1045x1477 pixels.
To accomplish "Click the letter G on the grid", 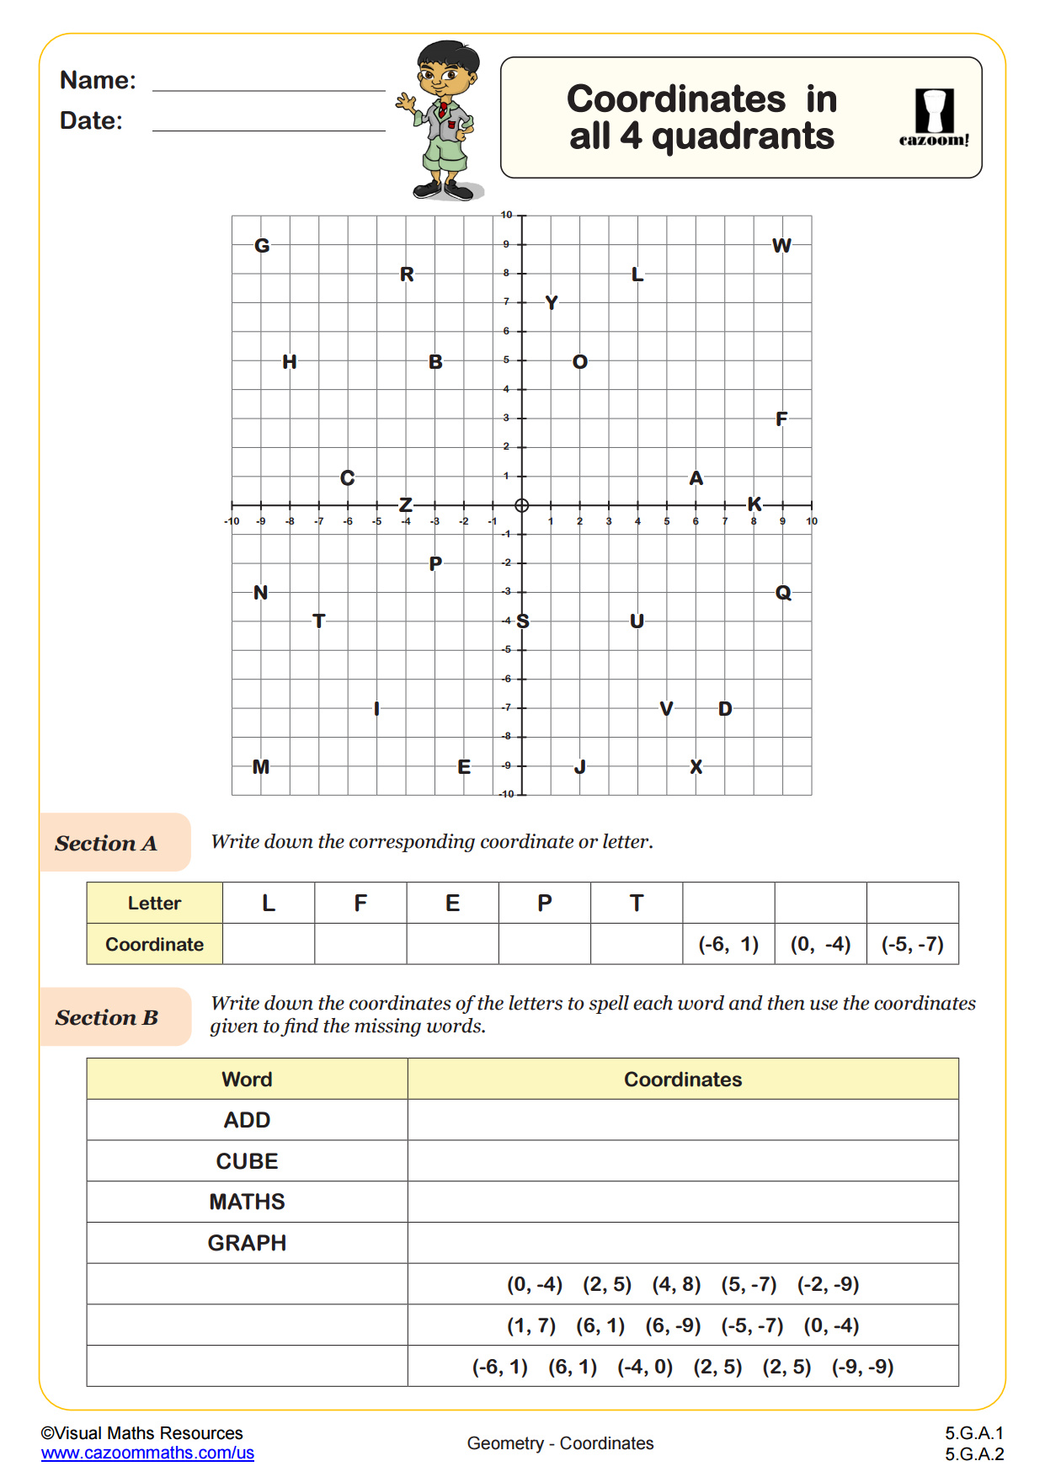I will click(262, 246).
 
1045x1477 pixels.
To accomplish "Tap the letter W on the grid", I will click(781, 246).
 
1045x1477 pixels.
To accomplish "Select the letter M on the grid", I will click(261, 767).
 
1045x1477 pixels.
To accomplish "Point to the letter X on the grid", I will click(696, 767).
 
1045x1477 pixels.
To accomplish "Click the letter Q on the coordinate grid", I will click(783, 593).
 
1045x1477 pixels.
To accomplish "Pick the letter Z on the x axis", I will click(406, 505).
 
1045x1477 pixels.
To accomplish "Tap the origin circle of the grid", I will click(522, 505).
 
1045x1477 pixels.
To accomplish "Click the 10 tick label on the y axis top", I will click(506, 215).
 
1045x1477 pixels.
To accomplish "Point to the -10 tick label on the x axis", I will click(232, 521).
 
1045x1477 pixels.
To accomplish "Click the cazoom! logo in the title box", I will click(934, 119).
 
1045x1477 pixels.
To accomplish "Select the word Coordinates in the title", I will click(676, 99).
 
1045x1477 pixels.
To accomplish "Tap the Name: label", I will click(98, 80).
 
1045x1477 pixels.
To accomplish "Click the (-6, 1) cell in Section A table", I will click(728, 944).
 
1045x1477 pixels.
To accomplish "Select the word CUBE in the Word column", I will click(247, 1161).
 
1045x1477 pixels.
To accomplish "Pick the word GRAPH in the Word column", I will click(247, 1243).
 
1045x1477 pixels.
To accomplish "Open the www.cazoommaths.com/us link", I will click(147, 1453).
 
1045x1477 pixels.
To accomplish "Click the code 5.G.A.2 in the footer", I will click(974, 1454).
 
